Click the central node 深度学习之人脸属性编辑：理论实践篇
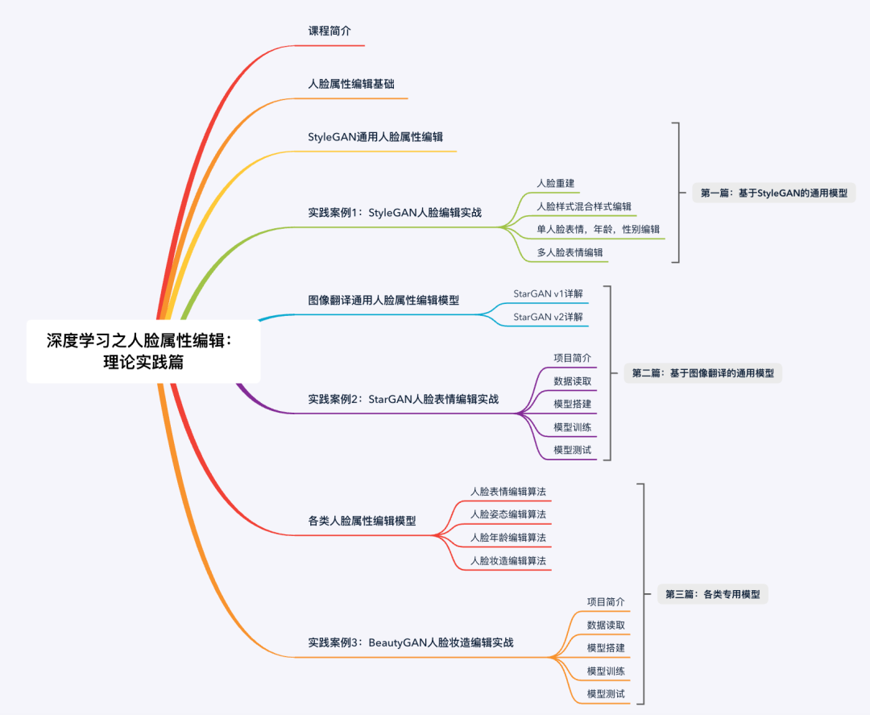tap(143, 351)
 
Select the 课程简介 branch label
tap(330, 31)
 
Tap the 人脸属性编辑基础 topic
tap(351, 83)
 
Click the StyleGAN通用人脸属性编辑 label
tap(375, 136)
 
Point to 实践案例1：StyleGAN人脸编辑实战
tap(395, 213)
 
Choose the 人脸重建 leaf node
tap(555, 183)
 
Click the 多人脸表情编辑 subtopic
tap(570, 252)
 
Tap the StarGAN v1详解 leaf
tap(548, 293)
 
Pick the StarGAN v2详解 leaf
tap(548, 317)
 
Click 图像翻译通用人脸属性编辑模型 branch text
tap(383, 300)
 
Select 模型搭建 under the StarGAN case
tap(573, 404)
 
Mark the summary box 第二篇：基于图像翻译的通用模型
tap(702, 373)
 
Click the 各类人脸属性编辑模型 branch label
tap(362, 521)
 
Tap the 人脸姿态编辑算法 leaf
tap(507, 513)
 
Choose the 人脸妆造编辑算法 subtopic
tap(507, 560)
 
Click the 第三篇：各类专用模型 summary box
tap(713, 595)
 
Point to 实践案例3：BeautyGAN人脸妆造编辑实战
tap(411, 642)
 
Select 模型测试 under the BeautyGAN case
tap(606, 694)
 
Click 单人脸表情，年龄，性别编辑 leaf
tap(599, 229)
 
